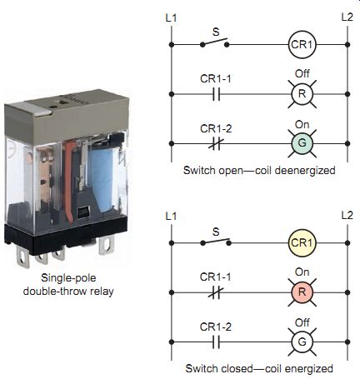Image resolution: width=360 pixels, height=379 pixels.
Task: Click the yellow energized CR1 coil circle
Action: [302, 243]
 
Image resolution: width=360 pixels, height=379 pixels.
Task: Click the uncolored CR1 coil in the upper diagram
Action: [302, 44]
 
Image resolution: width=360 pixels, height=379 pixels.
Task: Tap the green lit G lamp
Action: [302, 143]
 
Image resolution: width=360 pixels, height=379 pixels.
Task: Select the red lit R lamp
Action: [302, 292]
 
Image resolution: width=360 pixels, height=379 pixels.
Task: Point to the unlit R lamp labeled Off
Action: [302, 94]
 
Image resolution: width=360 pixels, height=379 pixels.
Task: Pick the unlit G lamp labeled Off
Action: [302, 342]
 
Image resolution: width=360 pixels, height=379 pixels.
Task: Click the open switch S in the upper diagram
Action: [215, 42]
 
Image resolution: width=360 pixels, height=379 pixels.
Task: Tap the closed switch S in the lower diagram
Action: [216, 242]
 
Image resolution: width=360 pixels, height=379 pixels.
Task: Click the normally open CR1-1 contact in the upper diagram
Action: [217, 94]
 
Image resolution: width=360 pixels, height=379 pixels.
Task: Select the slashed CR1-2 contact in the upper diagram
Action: [216, 144]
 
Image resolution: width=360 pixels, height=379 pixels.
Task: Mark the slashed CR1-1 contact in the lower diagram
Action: [216, 292]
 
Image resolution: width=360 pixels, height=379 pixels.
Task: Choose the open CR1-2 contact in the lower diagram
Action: [216, 342]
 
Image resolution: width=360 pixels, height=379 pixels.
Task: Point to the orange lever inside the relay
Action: [68, 181]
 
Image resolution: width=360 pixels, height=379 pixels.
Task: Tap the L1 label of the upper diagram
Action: [171, 18]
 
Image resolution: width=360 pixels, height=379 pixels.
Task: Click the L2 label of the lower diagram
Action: [347, 215]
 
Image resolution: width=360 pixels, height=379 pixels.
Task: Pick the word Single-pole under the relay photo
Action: [68, 278]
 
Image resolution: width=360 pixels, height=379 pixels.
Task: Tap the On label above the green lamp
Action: [302, 124]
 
